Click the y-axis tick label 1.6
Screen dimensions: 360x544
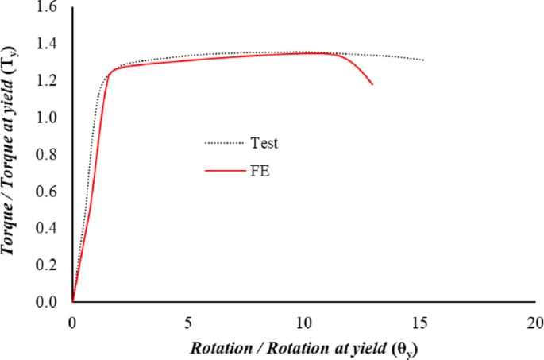(x=48, y=7)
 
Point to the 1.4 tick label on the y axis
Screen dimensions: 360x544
(x=48, y=44)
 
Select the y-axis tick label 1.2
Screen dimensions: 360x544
(x=48, y=81)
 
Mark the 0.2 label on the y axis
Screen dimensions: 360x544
(x=48, y=265)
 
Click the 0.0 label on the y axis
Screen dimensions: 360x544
(x=48, y=303)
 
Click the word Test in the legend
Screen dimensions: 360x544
(x=265, y=144)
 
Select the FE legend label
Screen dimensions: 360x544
(x=261, y=170)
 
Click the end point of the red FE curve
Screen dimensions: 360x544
(x=372, y=84)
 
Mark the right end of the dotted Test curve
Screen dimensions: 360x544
(x=424, y=60)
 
